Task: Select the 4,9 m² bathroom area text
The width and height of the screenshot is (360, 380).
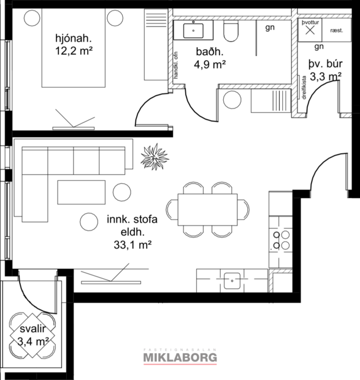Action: point(208,63)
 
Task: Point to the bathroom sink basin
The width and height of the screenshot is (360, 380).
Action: point(195,28)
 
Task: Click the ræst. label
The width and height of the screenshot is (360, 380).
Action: point(336,30)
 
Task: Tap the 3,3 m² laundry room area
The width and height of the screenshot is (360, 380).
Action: point(325,77)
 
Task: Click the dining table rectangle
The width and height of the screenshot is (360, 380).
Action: point(207,210)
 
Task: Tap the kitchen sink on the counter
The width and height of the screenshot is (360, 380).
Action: point(232,281)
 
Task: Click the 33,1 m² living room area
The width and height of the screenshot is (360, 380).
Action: point(129,245)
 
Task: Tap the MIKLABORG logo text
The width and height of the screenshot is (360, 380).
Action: point(180,357)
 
